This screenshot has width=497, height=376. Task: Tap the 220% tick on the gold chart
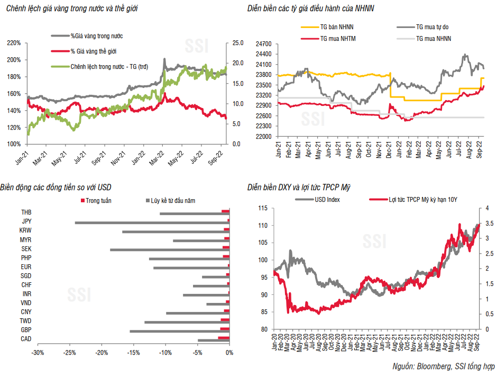[14, 43]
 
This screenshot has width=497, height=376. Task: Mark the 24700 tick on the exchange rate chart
[262, 44]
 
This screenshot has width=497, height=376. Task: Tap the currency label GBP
[25, 330]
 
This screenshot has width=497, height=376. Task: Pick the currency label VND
[25, 303]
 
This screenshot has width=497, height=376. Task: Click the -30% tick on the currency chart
[37, 352]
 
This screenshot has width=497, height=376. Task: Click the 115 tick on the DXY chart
[262, 208]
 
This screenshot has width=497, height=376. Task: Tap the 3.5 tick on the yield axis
[490, 225]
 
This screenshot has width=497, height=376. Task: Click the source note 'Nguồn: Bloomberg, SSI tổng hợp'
[441, 366]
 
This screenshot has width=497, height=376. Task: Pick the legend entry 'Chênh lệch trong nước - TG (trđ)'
[109, 67]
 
